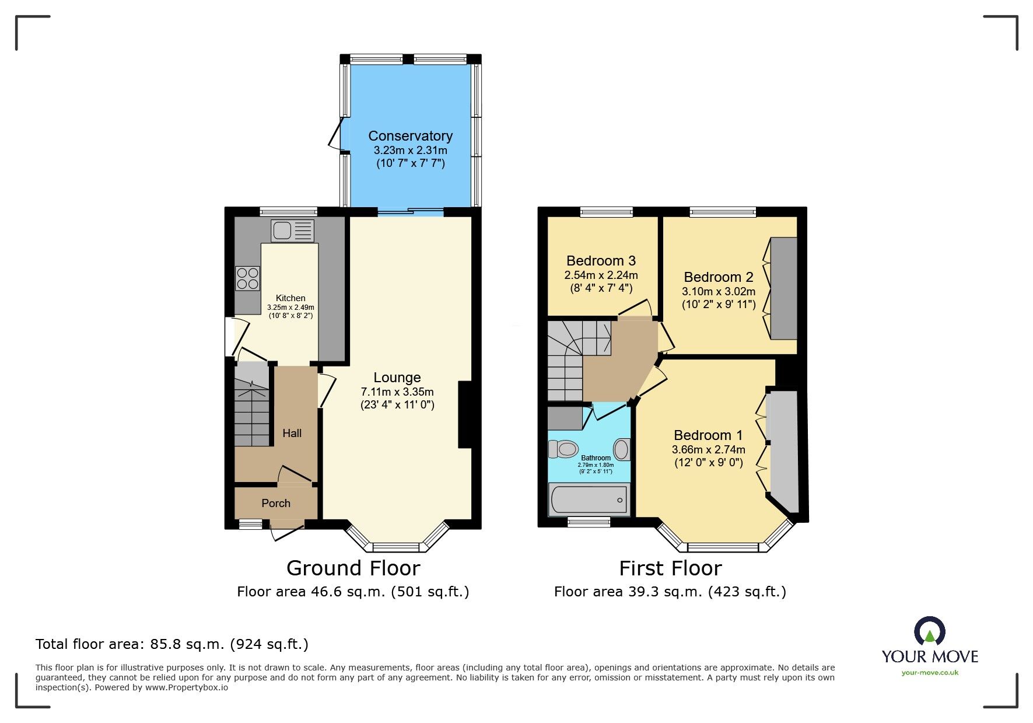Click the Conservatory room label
[x=410, y=136]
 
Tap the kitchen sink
[x=292, y=230]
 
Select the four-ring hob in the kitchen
[x=247, y=278]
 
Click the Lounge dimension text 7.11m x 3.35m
[x=397, y=392]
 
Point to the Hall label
[x=292, y=433]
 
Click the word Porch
[x=276, y=503]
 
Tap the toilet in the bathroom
[x=563, y=449]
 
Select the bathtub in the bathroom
[x=589, y=500]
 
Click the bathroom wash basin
[x=622, y=450]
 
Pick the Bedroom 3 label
[x=601, y=261]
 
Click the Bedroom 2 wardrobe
[x=784, y=288]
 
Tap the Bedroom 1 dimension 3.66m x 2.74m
[x=708, y=449]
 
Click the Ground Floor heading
[x=353, y=568]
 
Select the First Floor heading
[x=670, y=568]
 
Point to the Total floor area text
[x=171, y=644]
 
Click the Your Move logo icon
[x=929, y=632]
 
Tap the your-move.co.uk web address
[x=929, y=673]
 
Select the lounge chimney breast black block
[x=465, y=414]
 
